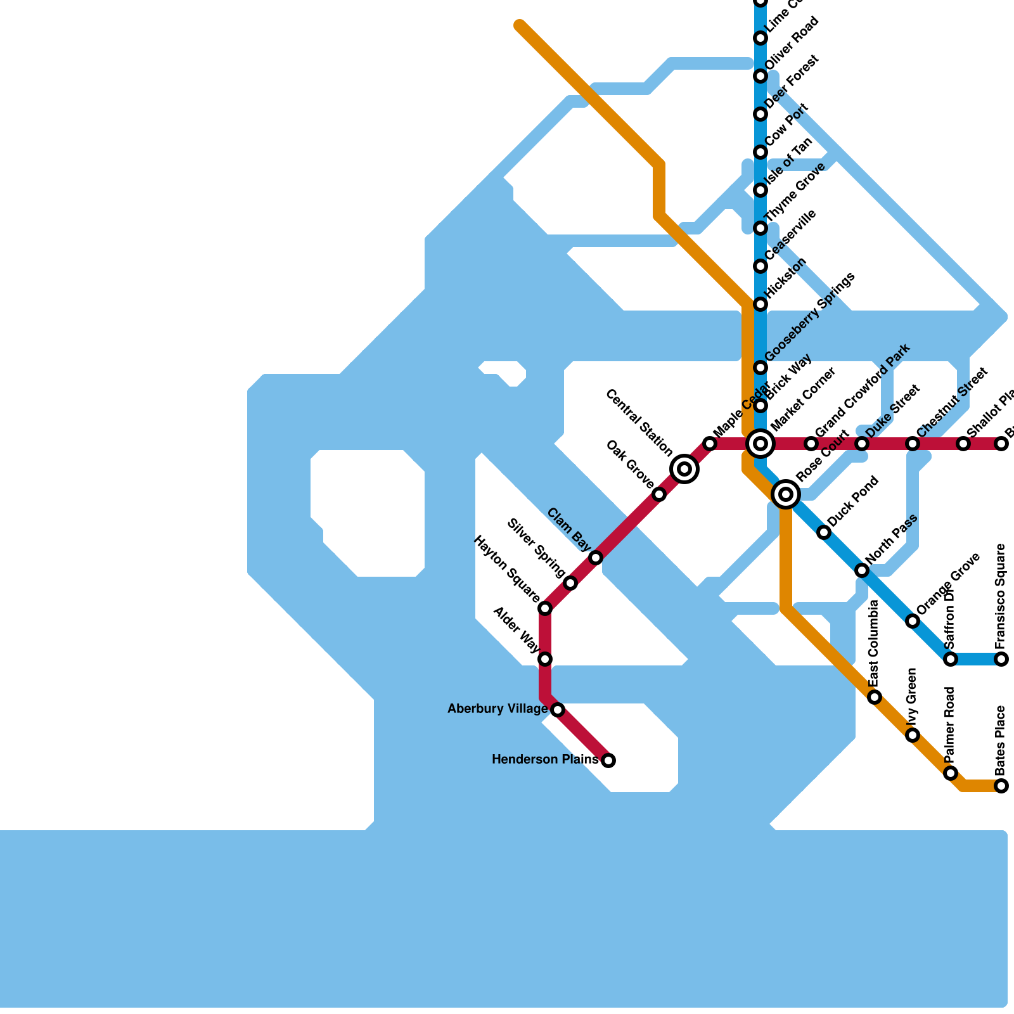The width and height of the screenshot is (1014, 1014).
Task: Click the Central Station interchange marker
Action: [684, 469]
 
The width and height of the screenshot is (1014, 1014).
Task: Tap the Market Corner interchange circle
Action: [760, 444]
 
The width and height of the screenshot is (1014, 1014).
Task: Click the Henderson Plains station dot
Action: [608, 760]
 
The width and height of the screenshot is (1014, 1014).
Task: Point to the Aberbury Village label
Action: [497, 709]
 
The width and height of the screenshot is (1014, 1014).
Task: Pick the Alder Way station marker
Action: [545, 659]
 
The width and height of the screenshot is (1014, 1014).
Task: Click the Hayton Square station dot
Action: [545, 608]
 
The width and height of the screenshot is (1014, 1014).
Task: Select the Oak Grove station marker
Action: [659, 494]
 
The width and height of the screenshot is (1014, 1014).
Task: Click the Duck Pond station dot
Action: [824, 532]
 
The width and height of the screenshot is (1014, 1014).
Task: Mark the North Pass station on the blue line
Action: [862, 570]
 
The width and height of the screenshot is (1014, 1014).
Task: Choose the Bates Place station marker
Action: [1001, 786]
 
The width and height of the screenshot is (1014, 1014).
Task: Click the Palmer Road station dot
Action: [951, 773]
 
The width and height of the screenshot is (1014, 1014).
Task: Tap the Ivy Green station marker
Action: [913, 735]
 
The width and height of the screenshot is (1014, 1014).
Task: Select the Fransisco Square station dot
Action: [1001, 659]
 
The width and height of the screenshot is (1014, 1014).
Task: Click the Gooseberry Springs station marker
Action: [760, 368]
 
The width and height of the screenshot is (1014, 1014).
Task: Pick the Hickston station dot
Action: [760, 304]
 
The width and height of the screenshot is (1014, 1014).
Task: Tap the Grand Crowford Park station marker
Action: [811, 444]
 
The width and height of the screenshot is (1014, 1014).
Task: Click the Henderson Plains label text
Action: [545, 759]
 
